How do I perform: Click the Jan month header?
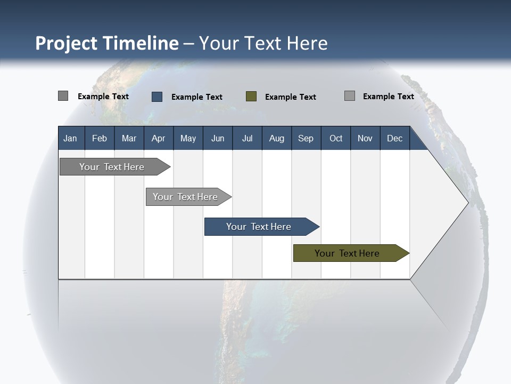70,138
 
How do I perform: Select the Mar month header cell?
129,138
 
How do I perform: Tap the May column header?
188,138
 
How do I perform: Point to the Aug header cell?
276,138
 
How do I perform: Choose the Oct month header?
336,138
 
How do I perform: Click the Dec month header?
394,138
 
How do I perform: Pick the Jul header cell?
247,138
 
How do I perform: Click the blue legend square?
157,97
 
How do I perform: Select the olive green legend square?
251,97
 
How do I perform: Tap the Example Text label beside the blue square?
196,97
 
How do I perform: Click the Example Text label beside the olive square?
290,97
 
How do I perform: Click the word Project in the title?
67,43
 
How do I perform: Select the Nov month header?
365,138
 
